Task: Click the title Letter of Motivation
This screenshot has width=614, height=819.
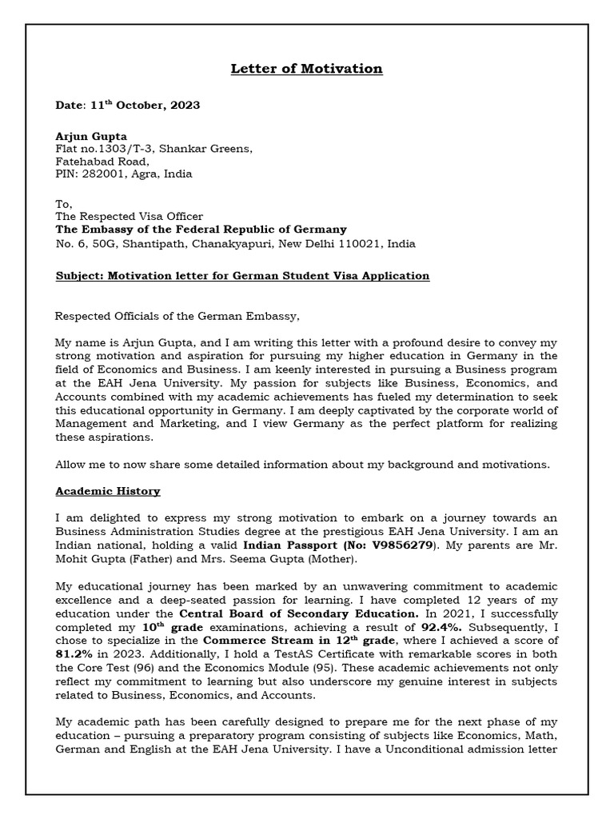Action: point(307,69)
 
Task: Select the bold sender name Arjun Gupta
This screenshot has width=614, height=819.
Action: point(91,136)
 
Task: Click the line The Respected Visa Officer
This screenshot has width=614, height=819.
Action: point(129,216)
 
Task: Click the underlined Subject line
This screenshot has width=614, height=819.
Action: point(242,276)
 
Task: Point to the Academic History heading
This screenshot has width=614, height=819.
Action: point(107,491)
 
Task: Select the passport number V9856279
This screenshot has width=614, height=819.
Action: point(399,545)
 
